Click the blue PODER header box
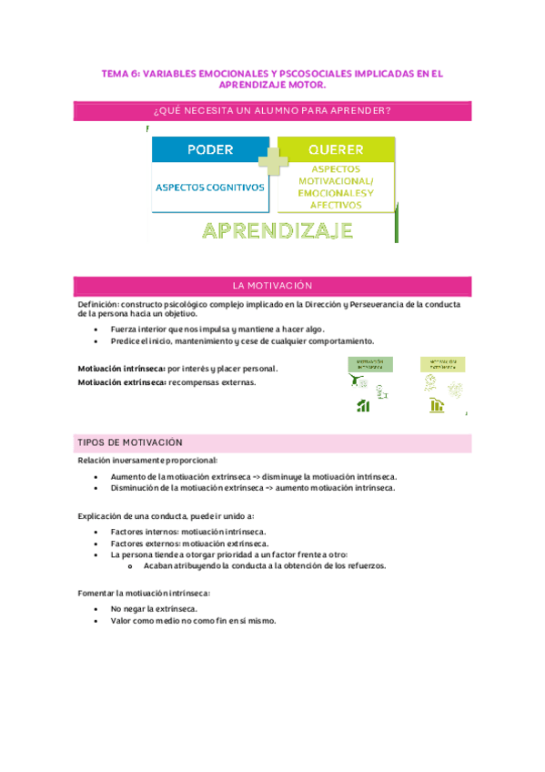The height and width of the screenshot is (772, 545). click(210, 150)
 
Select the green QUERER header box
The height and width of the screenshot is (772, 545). click(336, 150)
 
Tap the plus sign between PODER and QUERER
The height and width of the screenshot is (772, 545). click(273, 161)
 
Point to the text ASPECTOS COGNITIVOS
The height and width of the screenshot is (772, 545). click(210, 188)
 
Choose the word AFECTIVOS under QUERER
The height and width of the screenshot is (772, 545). click(336, 206)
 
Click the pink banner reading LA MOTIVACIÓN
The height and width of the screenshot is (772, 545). click(272, 285)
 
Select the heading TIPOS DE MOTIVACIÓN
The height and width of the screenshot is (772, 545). click(131, 442)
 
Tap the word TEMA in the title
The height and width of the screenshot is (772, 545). click(116, 74)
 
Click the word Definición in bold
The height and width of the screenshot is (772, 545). click(98, 304)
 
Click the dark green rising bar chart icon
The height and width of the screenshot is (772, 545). click(363, 406)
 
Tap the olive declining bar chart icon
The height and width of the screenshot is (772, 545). click(437, 406)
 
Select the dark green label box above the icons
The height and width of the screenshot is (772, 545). click(364, 363)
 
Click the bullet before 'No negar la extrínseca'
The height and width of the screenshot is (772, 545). click(97, 608)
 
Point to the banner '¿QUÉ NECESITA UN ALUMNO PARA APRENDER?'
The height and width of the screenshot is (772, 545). click(272, 111)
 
